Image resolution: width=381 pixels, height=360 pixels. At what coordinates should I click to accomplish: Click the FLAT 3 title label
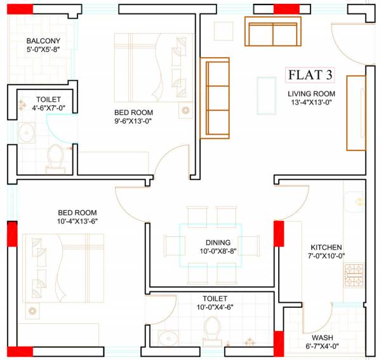311,76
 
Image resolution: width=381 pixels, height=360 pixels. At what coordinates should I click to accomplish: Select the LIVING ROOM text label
311,93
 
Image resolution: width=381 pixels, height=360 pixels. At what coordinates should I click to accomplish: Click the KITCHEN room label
326,247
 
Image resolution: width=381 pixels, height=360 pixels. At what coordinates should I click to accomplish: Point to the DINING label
217,243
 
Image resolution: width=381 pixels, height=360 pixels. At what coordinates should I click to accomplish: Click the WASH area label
321,338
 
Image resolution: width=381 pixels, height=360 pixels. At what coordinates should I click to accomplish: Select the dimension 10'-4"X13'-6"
77,221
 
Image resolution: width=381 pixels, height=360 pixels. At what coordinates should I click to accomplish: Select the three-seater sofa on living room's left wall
214,98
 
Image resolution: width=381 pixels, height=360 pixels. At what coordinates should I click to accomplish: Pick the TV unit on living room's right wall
356,112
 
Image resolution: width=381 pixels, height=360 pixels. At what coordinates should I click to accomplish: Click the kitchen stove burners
353,274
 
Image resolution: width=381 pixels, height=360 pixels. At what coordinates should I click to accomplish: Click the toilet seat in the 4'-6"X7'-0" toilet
55,156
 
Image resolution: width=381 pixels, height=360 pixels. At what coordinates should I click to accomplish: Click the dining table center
210,245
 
